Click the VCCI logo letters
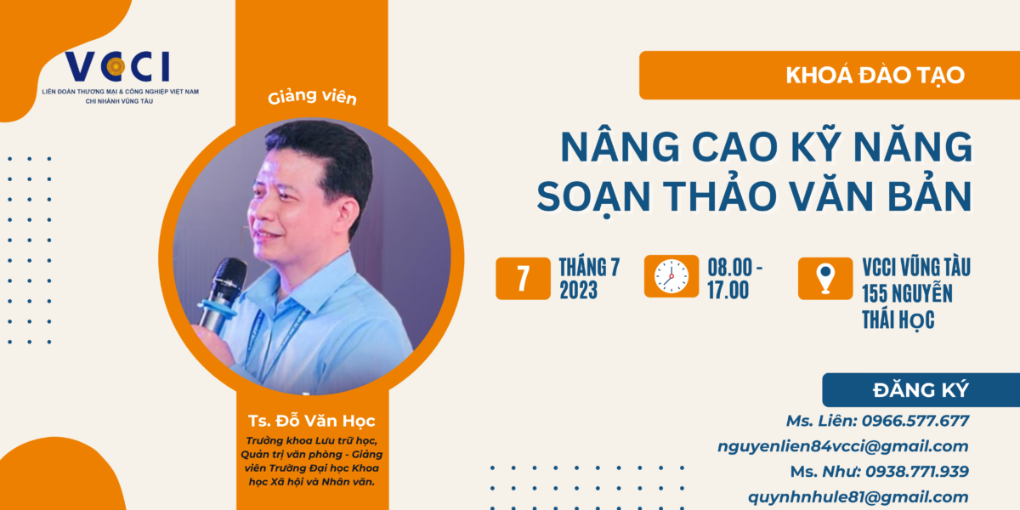tap(117, 66)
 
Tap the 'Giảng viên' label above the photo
tap(312, 97)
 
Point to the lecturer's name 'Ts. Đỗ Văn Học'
tap(311, 421)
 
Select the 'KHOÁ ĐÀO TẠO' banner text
tap(875, 75)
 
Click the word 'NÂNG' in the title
tap(620, 145)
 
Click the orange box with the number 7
tap(523, 278)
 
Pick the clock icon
tap(671, 276)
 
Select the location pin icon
tap(825, 278)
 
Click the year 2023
tap(578, 290)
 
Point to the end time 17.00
tap(728, 290)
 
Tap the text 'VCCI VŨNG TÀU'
tap(916, 267)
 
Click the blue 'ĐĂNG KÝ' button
tap(921, 390)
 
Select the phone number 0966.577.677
tap(915, 421)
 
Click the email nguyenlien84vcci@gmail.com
tap(843, 446)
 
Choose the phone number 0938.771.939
tap(917, 471)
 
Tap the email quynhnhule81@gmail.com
tap(858, 496)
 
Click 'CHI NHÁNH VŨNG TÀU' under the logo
tap(119, 101)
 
